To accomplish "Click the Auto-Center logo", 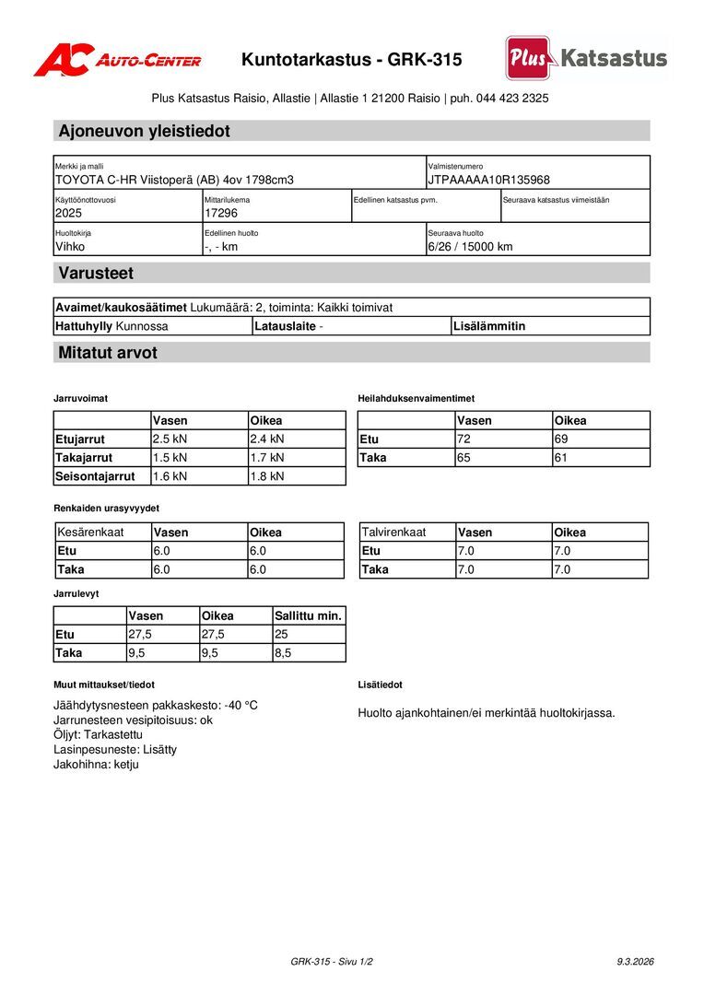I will point(117,60).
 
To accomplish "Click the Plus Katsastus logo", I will point(586,58).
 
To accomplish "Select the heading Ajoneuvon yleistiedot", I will point(145,131).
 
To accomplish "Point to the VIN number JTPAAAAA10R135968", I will point(488,180).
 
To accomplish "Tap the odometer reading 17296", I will point(221,213).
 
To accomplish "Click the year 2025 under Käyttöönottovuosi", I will point(68,213).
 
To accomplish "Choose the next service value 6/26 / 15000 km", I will point(470,246).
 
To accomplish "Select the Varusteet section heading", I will point(96,273).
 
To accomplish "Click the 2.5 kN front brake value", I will point(170,439).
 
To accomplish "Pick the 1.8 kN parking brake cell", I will point(267,476).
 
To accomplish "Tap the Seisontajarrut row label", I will point(95,476).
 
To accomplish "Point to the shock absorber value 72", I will point(463,439).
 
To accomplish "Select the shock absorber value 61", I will point(561,457).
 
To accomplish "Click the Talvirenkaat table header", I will point(393,532).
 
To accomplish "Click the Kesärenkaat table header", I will point(90,532).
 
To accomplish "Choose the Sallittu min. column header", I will point(308,615).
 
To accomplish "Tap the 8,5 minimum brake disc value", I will point(283,652).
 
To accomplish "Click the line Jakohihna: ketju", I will point(96,764).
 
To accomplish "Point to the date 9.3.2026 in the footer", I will point(635,961).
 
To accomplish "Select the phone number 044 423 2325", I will point(512,98).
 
